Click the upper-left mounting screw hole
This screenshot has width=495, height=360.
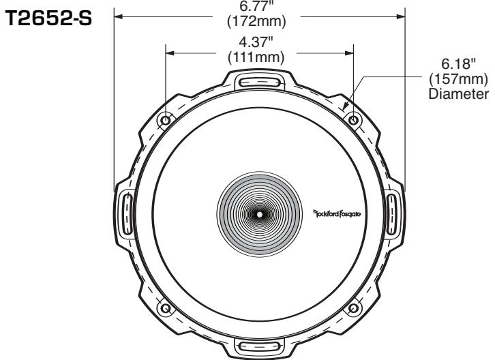[166, 120]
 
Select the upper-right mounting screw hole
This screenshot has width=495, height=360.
[352, 120]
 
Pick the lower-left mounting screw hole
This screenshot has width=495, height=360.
[166, 308]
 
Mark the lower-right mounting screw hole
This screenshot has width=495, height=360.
[352, 308]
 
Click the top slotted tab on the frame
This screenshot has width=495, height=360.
[259, 82]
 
